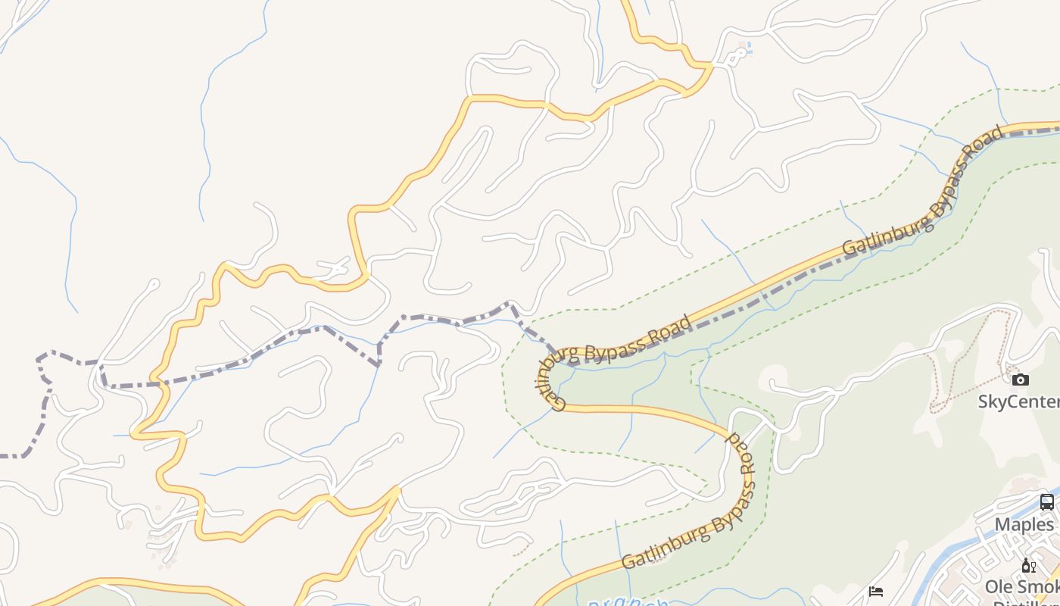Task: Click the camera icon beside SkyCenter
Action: point(1020,380)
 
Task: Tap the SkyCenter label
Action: point(1018,401)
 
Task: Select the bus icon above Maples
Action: point(1046,501)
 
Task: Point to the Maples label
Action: point(1024,524)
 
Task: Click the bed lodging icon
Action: point(876,591)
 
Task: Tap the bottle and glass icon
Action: point(1027,565)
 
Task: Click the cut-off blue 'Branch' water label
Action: point(628,602)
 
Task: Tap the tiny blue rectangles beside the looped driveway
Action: point(748,48)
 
